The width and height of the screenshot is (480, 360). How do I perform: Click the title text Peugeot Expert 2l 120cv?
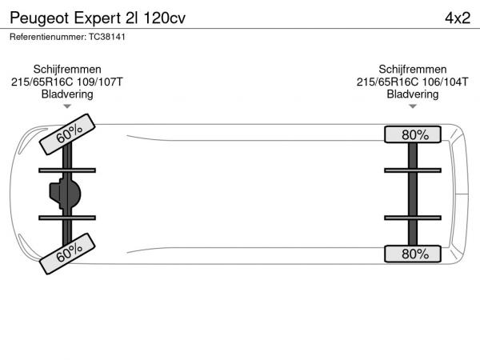click(98, 18)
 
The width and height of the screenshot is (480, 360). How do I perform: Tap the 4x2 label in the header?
click(458, 18)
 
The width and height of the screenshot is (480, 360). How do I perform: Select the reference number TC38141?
click(107, 37)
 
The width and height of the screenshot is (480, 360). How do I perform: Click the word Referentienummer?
click(48, 37)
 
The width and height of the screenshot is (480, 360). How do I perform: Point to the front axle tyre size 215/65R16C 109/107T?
click(67, 82)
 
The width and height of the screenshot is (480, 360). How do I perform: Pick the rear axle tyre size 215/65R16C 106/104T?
click(412, 82)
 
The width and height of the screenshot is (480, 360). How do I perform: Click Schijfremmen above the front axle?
click(67, 69)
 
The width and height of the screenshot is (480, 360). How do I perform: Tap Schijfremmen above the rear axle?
click(412, 69)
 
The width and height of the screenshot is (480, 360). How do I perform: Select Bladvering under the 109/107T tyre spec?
click(67, 94)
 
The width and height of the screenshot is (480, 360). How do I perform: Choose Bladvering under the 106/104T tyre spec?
click(412, 94)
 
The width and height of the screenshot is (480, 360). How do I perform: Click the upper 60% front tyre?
click(67, 134)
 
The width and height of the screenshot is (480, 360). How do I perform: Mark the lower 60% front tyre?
click(67, 254)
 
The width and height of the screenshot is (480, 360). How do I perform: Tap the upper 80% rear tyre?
click(413, 134)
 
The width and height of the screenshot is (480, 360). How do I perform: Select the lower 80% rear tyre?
click(413, 254)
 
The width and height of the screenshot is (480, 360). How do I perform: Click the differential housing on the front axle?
click(66, 194)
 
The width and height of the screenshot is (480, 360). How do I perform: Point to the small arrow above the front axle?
click(67, 106)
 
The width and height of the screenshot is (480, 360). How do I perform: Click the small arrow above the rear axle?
click(413, 106)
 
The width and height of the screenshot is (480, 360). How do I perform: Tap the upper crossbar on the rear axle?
click(413, 170)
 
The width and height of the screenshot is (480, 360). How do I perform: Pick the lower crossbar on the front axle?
click(67, 218)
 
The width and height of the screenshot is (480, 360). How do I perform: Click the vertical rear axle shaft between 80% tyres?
click(413, 194)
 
